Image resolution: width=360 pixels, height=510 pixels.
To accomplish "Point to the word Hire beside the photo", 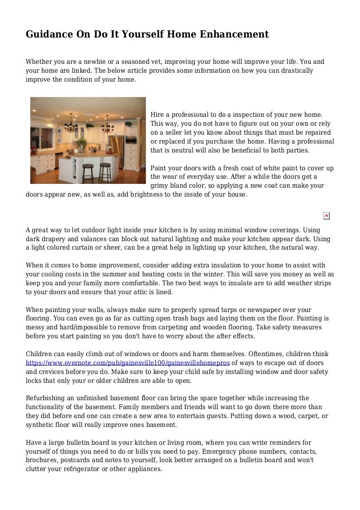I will coord(157,114).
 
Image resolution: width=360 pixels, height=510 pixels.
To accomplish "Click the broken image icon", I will coord(326,216).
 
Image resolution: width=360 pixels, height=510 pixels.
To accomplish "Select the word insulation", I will coord(198,265).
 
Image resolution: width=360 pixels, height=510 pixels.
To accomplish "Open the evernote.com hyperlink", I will coord(127,363).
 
